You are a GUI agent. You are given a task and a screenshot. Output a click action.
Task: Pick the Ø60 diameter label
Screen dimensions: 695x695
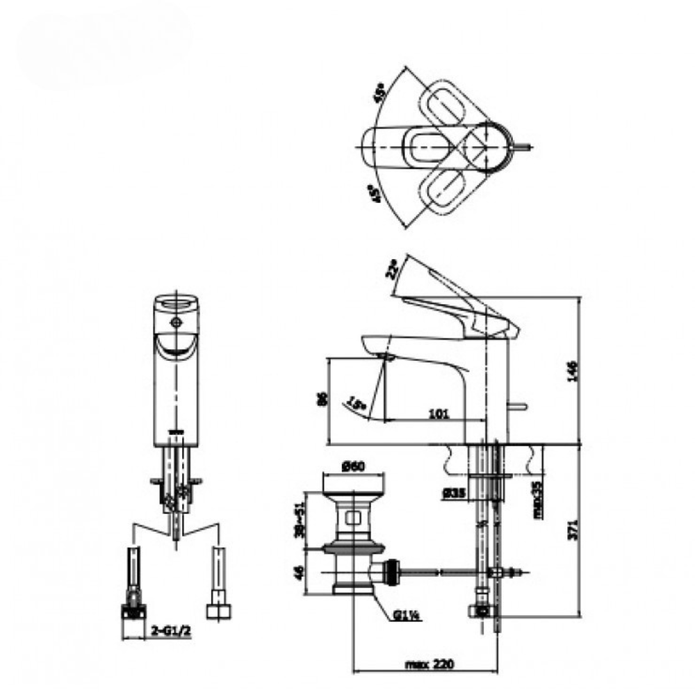354,468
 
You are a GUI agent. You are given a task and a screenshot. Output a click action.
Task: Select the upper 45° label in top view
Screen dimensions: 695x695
379,94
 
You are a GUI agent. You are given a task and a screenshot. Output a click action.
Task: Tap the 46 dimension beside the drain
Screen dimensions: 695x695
300,573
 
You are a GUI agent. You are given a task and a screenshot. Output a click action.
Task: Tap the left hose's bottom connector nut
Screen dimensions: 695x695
133,611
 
